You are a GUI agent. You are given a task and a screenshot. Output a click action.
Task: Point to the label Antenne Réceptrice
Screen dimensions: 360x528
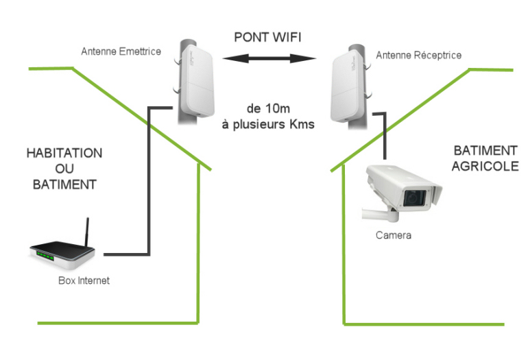click(x=418, y=55)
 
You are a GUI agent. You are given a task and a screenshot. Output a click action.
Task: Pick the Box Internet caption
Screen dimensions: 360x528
click(x=84, y=280)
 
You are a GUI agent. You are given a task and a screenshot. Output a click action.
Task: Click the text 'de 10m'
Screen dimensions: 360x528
click(x=266, y=109)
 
